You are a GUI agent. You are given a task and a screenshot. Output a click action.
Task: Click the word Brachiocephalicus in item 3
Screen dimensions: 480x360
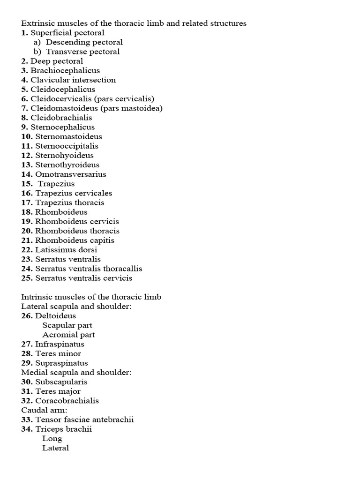(65, 70)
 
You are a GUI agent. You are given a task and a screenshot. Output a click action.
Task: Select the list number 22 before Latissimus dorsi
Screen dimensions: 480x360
(27, 249)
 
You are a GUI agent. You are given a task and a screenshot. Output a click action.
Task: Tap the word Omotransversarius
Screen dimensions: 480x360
(71, 174)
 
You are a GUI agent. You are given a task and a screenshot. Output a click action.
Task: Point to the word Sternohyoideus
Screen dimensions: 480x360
(64, 155)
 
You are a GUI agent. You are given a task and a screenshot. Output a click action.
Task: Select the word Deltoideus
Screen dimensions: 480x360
(55, 315)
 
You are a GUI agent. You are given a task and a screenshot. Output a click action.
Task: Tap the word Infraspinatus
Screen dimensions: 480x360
(60, 344)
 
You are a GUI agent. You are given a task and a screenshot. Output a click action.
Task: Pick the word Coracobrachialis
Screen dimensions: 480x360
(67, 400)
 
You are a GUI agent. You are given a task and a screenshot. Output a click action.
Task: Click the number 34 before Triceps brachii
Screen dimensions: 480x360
(27, 428)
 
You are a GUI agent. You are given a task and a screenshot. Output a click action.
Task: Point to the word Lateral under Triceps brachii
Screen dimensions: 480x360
(55, 448)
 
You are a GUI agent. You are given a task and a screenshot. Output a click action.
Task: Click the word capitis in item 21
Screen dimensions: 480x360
(101, 240)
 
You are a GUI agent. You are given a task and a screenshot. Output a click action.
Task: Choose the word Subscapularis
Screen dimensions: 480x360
(61, 382)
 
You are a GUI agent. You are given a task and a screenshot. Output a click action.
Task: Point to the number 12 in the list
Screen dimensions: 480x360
(27, 155)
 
